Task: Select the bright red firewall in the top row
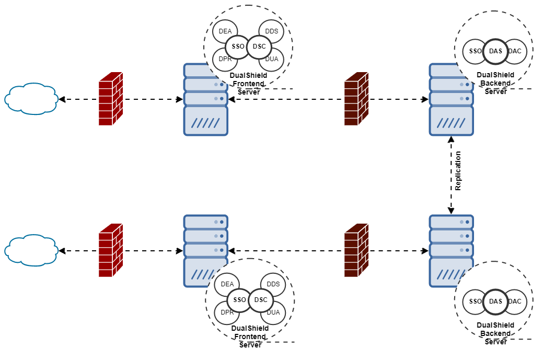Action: tap(110, 99)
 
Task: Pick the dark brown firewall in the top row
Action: tap(356, 99)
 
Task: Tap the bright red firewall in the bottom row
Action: tap(110, 250)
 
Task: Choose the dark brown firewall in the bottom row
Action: tap(356, 250)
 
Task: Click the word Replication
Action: tap(458, 171)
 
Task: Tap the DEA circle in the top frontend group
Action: tap(225, 31)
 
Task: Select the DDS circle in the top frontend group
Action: tap(272, 31)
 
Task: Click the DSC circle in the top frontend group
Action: tap(259, 47)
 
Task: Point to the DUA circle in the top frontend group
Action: tap(272, 59)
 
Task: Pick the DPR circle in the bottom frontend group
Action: tap(227, 312)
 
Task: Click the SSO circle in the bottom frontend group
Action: tap(239, 300)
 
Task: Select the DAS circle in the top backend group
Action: tap(495, 51)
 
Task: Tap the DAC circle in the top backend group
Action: tap(515, 51)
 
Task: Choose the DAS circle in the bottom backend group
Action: tap(495, 301)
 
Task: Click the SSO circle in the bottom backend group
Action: tap(475, 301)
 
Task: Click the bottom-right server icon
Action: tap(451, 246)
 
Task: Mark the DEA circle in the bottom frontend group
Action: tap(227, 284)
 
